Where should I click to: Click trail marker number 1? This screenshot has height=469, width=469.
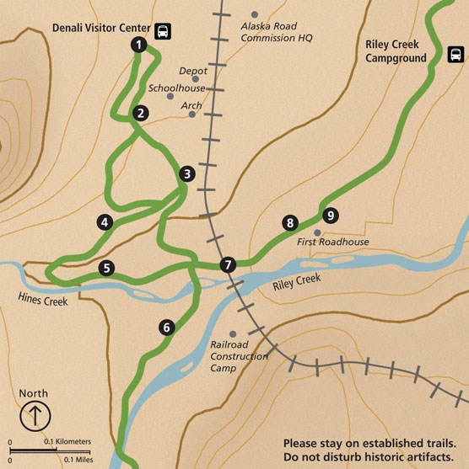[x=138, y=45]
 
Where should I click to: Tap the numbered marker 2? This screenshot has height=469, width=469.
[x=141, y=112]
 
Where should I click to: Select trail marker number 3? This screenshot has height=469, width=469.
[x=187, y=174]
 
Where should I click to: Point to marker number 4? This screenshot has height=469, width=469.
[x=105, y=222]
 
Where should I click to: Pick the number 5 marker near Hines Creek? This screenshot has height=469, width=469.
[x=105, y=269]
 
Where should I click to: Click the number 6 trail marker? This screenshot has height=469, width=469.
[x=167, y=328]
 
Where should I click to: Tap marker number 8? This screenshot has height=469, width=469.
[x=290, y=223]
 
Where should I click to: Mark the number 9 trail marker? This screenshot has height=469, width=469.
[x=330, y=216]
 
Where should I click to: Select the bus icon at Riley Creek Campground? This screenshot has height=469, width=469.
[x=456, y=56]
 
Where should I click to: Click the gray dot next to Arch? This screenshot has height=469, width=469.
[x=192, y=115]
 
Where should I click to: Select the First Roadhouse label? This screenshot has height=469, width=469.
[x=334, y=242]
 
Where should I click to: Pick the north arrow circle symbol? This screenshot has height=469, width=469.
[x=35, y=415]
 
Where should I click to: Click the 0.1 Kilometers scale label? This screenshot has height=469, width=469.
[x=67, y=441]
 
